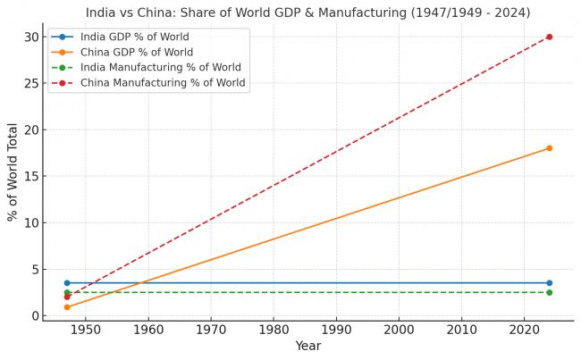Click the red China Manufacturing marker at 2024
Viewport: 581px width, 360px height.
pyautogui.click(x=549, y=37)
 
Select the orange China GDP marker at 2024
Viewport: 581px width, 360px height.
pyautogui.click(x=549, y=148)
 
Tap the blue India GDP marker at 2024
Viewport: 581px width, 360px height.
pyautogui.click(x=549, y=283)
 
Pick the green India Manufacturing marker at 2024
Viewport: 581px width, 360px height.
pyautogui.click(x=549, y=292)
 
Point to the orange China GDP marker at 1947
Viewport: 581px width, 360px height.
pyautogui.click(x=67, y=307)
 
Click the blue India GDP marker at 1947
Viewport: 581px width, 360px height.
pyautogui.click(x=67, y=283)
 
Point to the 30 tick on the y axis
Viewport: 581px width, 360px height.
pyautogui.click(x=31, y=37)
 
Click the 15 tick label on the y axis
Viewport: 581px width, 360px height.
pyautogui.click(x=31, y=176)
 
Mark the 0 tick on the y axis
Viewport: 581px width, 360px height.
pyautogui.click(x=35, y=315)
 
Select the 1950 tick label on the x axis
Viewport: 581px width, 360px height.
pyautogui.click(x=86, y=331)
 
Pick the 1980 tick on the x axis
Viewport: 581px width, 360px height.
pyautogui.click(x=274, y=331)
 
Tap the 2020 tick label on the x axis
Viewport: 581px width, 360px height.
pyautogui.click(x=524, y=331)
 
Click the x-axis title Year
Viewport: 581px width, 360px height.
pyautogui.click(x=307, y=347)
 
